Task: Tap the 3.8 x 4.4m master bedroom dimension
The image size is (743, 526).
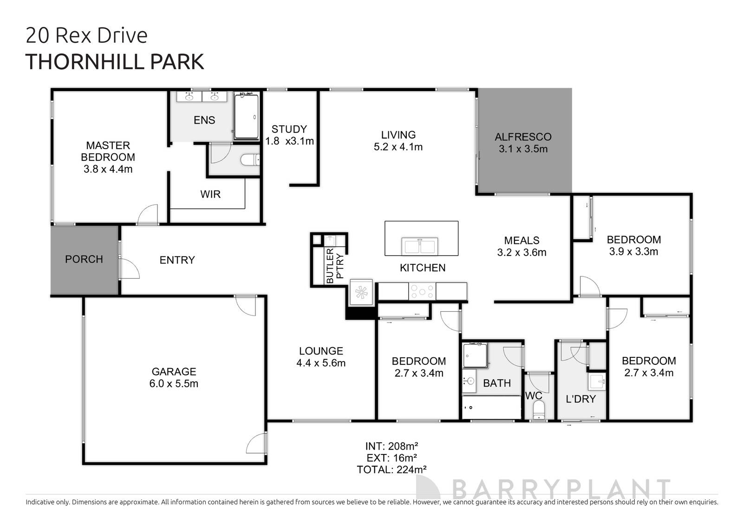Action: [x=108, y=170]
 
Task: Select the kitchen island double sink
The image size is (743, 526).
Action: [x=420, y=246]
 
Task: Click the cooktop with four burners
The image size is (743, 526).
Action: [x=422, y=292]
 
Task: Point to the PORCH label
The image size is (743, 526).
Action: [x=84, y=259]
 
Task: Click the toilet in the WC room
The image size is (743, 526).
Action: [x=539, y=410]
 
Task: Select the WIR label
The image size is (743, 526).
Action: [x=210, y=194]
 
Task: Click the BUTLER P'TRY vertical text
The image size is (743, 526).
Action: [x=334, y=266]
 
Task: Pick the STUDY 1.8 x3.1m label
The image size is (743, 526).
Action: [x=289, y=135]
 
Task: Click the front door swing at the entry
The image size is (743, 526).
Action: [x=130, y=269]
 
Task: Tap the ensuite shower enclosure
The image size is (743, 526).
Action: [x=246, y=117]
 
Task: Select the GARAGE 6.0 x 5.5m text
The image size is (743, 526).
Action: [x=175, y=378]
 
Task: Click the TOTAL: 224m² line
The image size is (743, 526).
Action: [x=391, y=470]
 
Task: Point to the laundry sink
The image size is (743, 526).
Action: [x=597, y=382]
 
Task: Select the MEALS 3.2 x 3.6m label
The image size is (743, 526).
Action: [x=521, y=247]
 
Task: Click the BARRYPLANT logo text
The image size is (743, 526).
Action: [x=561, y=490]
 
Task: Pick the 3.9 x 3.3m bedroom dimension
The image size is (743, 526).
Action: [x=633, y=252]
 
